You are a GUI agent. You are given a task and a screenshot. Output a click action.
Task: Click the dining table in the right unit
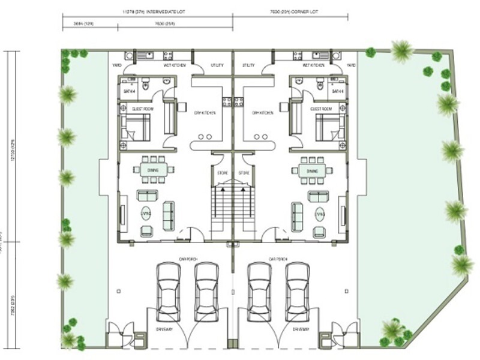pos(312,171)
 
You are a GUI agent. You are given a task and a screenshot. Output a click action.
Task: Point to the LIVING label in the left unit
pos(146,212)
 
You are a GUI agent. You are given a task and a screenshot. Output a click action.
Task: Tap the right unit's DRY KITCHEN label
pos(262,112)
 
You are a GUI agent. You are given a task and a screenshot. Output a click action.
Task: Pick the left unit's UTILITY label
pos(217,65)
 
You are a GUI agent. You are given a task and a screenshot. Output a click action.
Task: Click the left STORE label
pos(222,174)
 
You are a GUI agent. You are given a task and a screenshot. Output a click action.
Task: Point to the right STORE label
pos(244,174)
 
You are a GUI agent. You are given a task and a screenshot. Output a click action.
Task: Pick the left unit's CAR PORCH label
pos(187,259)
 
